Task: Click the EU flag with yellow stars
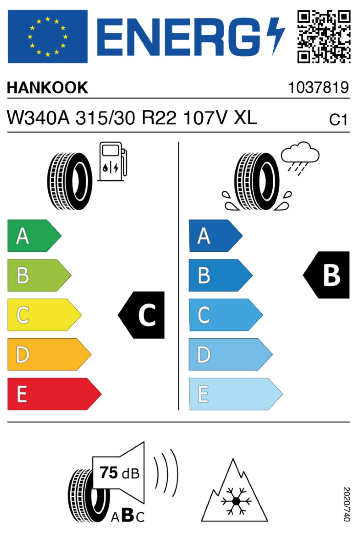[48, 36]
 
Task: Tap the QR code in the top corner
[324, 36]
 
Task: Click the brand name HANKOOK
[48, 88]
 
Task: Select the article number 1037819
[318, 88]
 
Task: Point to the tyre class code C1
[338, 120]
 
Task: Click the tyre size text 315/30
[105, 118]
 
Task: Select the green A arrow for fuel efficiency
[34, 236]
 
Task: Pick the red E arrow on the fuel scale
[54, 394]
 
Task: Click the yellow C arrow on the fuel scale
[44, 315]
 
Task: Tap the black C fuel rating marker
[142, 315]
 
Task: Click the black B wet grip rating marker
[327, 275]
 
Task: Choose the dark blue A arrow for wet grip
[216, 236]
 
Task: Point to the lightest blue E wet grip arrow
[236, 394]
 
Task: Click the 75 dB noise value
[119, 473]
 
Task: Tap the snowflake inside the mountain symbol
[236, 501]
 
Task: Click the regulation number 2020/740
[346, 504]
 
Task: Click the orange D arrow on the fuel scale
[49, 354]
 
